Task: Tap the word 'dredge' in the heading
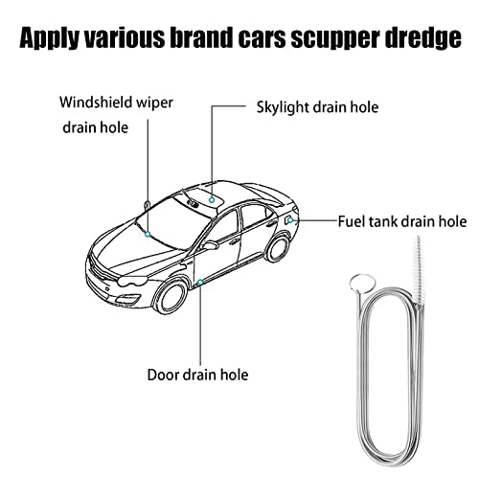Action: (422, 37)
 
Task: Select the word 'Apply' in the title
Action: (49, 37)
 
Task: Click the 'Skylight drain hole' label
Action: (317, 107)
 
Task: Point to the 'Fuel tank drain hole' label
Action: (402, 221)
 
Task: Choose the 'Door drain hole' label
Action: (197, 375)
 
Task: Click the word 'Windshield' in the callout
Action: (95, 103)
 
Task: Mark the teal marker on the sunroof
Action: (212, 200)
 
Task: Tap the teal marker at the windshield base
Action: (148, 235)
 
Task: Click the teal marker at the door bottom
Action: (200, 283)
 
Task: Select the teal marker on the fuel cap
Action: (290, 220)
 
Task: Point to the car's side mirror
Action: (209, 245)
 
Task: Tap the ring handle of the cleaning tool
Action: (362, 284)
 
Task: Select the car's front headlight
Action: (132, 281)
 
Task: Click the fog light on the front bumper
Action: (127, 300)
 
